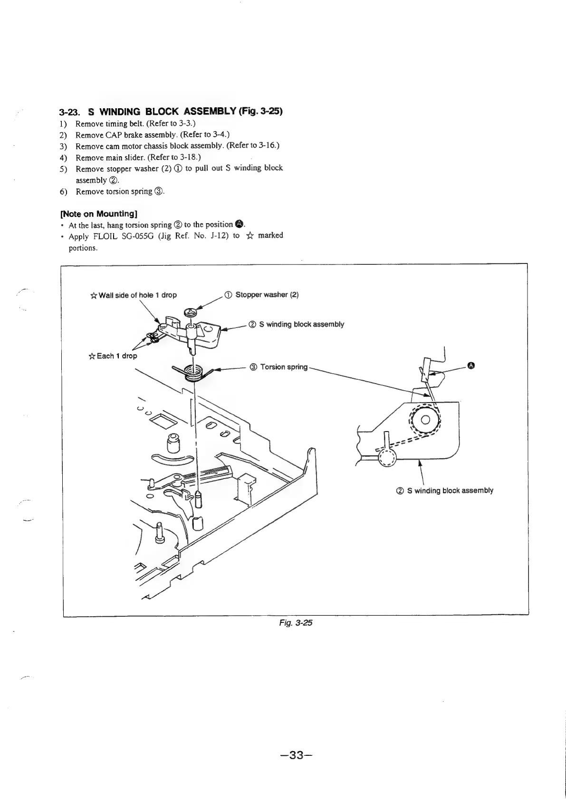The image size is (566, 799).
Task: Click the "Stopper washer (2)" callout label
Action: [x=267, y=295]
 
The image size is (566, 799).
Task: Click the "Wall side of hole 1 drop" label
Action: [x=137, y=295]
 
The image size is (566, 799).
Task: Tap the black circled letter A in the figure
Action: [x=470, y=365]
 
